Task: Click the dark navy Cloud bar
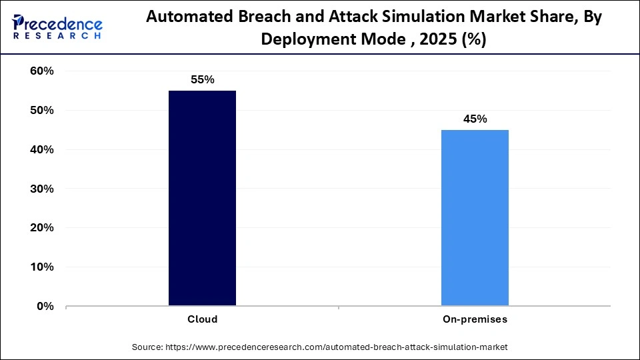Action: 202,198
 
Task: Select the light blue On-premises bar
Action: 475,218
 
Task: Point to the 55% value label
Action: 202,80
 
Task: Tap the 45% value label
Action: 475,119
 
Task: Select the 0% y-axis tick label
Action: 44,307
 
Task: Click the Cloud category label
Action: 202,319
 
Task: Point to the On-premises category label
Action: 475,319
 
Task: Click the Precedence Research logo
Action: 57,27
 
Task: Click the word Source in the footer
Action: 147,347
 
